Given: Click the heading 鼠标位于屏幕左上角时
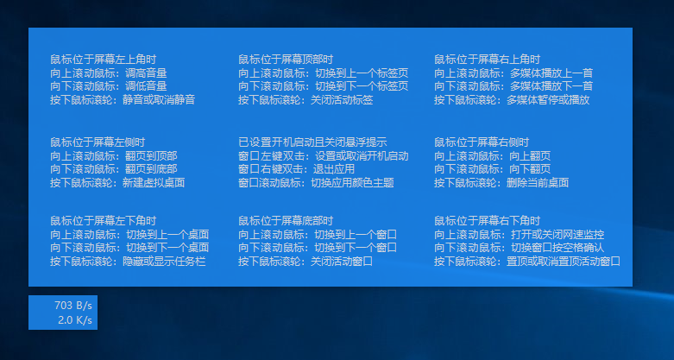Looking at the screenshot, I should tap(103, 60).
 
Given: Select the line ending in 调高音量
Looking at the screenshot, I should tap(109, 73).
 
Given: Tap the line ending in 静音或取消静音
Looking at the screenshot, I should tap(123, 100).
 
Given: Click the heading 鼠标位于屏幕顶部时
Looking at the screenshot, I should tap(286, 60).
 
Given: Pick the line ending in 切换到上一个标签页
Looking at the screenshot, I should tap(324, 73).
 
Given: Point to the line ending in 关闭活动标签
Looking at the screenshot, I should tap(306, 100).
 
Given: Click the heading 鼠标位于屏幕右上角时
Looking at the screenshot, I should tap(487, 60).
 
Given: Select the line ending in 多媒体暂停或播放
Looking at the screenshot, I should tap(512, 100).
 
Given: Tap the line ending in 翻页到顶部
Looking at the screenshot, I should tap(114, 156).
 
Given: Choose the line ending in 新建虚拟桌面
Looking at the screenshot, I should tap(117, 183).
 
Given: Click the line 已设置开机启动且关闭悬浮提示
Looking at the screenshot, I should tap(312, 142).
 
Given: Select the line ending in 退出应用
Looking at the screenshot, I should tap(295, 169).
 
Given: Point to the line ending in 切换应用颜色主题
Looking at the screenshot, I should tap(316, 183).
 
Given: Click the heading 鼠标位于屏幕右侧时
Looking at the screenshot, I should tap(482, 142).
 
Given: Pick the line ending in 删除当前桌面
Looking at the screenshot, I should tap(501, 183).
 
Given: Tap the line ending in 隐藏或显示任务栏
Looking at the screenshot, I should tap(128, 261).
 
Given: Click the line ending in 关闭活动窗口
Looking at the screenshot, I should tap(306, 261).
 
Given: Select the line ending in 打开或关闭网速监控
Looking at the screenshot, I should tap(520, 234).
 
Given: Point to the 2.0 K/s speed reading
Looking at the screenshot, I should tap(75, 320).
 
